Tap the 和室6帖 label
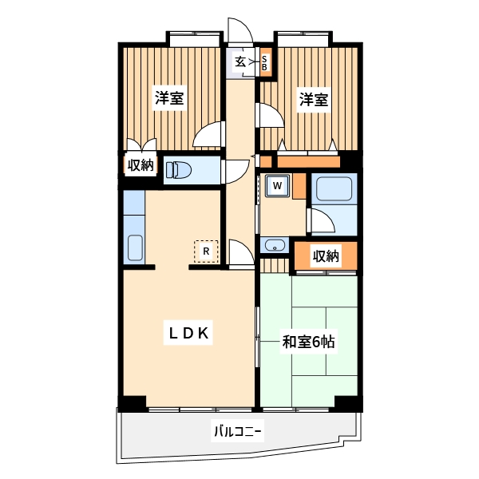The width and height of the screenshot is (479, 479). pos(307,342)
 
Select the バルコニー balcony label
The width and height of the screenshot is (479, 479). pos(237,431)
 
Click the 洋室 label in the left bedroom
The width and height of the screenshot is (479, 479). pos(169,99)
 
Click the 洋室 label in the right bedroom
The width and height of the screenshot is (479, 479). pos(314,100)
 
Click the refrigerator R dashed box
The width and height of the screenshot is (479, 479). pos(206,251)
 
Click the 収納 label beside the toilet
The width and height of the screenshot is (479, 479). pos(141,166)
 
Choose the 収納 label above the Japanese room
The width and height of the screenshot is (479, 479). pos(326,256)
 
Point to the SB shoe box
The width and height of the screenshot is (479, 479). pos(265,61)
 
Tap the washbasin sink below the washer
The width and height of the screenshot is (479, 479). pos(273,245)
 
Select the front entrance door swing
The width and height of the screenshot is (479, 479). pos(240,32)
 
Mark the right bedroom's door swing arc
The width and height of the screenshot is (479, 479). pos(268,115)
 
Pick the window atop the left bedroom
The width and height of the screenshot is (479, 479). pos(193,35)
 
